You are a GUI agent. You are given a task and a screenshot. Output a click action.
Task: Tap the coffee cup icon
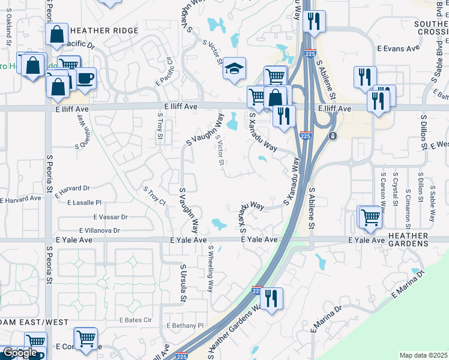coord(85,78)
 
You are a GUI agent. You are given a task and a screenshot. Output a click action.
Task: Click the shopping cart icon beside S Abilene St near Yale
coord(370,217)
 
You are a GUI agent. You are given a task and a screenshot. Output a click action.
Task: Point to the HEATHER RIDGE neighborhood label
coord(104,31)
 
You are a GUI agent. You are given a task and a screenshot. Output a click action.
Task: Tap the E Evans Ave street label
coord(398,48)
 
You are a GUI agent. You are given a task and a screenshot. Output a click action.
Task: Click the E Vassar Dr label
coord(110,217)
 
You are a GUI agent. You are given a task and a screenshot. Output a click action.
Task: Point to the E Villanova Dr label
coord(99,230)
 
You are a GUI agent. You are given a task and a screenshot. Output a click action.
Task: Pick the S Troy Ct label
coord(154,196)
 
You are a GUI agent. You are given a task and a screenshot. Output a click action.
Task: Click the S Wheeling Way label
coord(211,268)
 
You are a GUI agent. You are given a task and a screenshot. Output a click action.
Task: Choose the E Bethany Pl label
coord(185,325)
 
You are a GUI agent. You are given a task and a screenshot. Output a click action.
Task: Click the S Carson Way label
coord(382,188)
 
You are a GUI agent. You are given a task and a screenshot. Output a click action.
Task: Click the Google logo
coord(19,353)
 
